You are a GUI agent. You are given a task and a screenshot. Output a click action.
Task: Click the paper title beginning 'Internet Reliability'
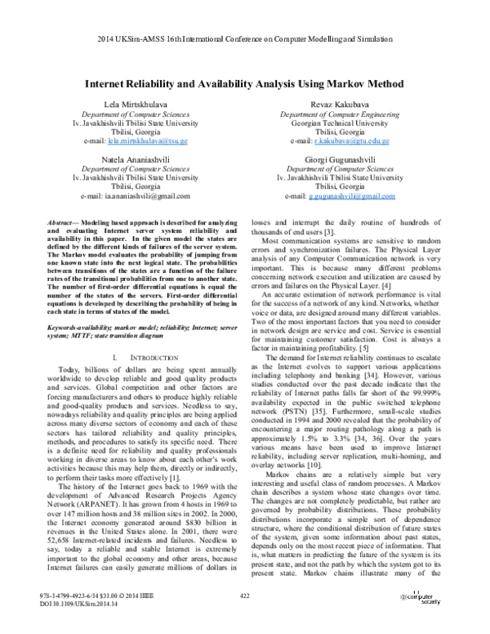pos(245,83)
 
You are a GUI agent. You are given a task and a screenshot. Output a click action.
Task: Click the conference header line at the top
pos(245,39)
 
